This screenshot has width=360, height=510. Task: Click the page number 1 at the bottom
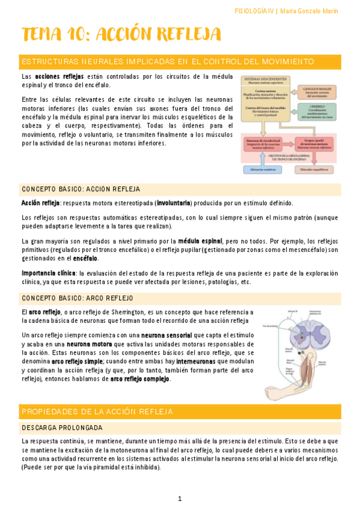(x=179, y=498)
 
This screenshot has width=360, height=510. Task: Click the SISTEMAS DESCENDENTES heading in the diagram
(x=265, y=81)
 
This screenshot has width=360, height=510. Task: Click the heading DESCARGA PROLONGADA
(x=61, y=428)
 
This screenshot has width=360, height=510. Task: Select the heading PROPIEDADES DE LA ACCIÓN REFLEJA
(x=97, y=412)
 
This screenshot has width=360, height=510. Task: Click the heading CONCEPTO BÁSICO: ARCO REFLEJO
(x=78, y=298)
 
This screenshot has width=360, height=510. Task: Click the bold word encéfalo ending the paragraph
(x=85, y=259)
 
